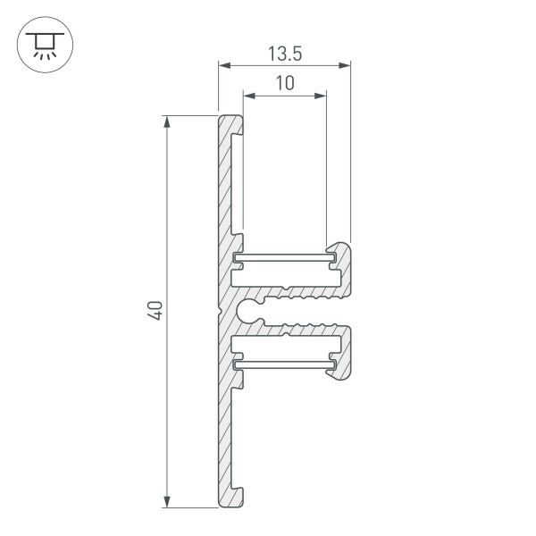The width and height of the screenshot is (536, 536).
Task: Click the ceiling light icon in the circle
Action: point(41,42)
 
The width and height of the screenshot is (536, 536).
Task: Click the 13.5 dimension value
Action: point(284,54)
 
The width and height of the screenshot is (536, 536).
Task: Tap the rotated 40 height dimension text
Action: point(155,311)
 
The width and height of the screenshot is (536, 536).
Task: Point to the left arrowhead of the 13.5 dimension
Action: point(224,65)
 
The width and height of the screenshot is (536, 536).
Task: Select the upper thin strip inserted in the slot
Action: point(285,258)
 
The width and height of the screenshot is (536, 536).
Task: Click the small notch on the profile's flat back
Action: point(218,310)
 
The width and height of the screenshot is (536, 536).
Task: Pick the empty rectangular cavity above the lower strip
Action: point(285,345)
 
